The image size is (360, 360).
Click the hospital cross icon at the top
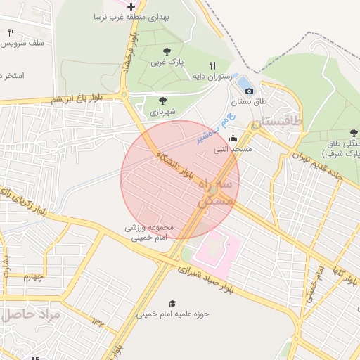pos(131,6)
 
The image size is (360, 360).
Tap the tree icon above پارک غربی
pos(167,51)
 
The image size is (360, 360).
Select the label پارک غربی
pos(167,62)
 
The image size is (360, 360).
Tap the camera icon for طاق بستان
pos(249,91)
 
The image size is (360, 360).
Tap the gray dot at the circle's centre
pos(213,190)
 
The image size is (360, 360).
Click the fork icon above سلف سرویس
pos(11,32)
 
